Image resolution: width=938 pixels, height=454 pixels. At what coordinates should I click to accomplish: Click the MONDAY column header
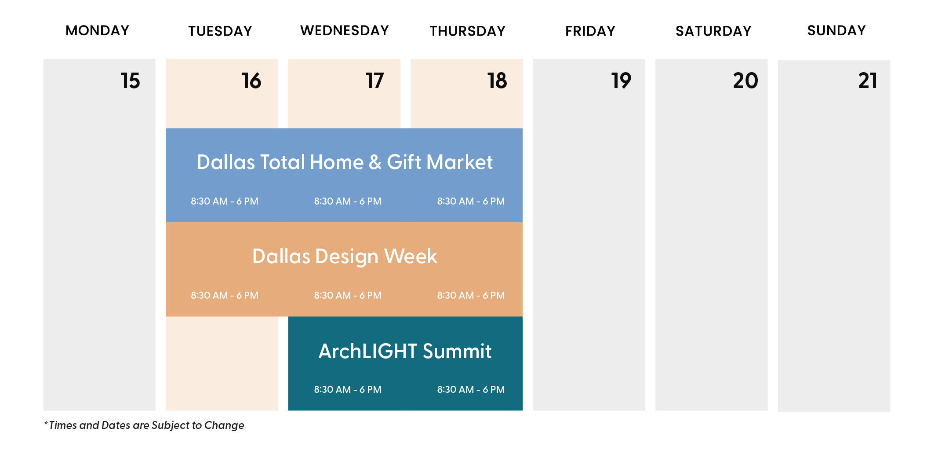tap(98, 30)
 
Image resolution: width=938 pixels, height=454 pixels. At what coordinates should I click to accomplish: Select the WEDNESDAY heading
tap(345, 30)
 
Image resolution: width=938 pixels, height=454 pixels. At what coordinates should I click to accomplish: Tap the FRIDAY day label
tap(590, 31)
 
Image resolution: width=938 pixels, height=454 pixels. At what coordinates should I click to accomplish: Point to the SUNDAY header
tap(836, 30)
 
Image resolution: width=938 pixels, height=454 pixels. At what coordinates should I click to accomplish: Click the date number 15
tap(131, 81)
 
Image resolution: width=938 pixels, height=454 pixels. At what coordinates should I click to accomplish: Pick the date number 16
tap(251, 81)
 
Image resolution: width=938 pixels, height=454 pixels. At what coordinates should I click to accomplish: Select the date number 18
tap(497, 81)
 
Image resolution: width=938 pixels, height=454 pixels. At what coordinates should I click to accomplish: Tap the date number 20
tap(745, 81)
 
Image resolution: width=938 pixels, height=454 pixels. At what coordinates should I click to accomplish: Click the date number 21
tap(868, 81)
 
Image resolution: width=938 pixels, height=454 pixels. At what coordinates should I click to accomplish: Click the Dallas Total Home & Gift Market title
tap(345, 162)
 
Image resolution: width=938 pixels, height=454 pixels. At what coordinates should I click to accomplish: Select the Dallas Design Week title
tap(345, 256)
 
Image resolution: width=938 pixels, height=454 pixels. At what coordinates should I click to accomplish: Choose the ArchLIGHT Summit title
tap(405, 351)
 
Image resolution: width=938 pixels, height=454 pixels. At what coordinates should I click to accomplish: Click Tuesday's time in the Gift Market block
tap(225, 201)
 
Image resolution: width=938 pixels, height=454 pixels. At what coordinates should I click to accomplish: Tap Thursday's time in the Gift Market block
tap(471, 201)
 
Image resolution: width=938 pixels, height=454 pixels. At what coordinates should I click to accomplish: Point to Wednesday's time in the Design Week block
tap(348, 296)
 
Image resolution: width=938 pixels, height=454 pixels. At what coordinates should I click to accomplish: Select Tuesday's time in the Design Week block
tap(225, 296)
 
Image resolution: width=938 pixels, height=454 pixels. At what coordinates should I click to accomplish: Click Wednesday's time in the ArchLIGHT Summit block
tap(348, 390)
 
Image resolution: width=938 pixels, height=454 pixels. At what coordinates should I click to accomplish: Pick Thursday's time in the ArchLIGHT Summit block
tap(471, 390)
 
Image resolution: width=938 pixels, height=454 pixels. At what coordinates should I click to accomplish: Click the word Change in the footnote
tap(224, 426)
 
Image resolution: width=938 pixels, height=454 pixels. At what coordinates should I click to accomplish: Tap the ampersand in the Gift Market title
tap(375, 162)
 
